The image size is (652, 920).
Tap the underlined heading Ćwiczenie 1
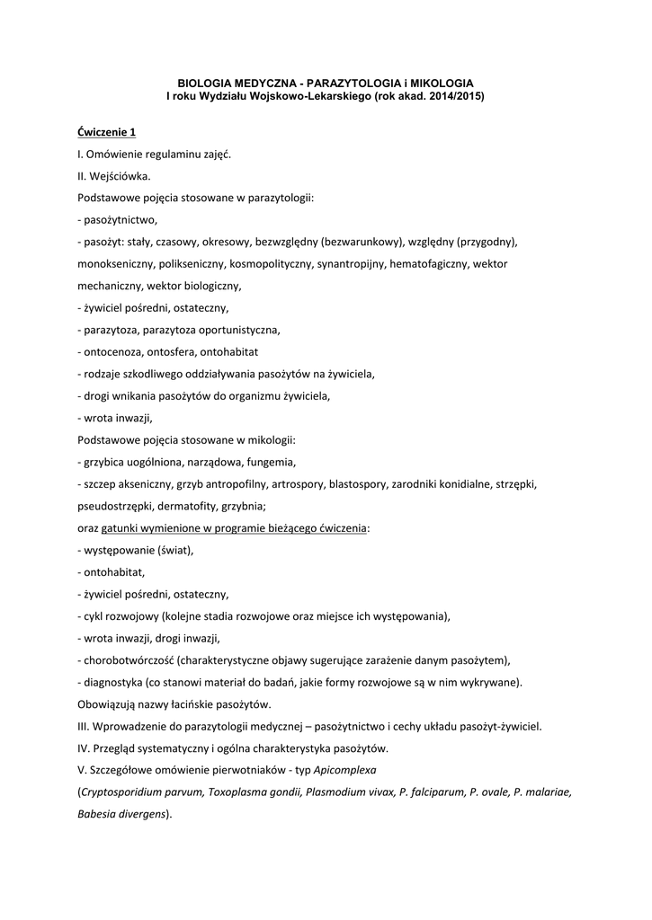pyautogui.click(x=107, y=132)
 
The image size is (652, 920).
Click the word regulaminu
pyautogui.click(x=163, y=154)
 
